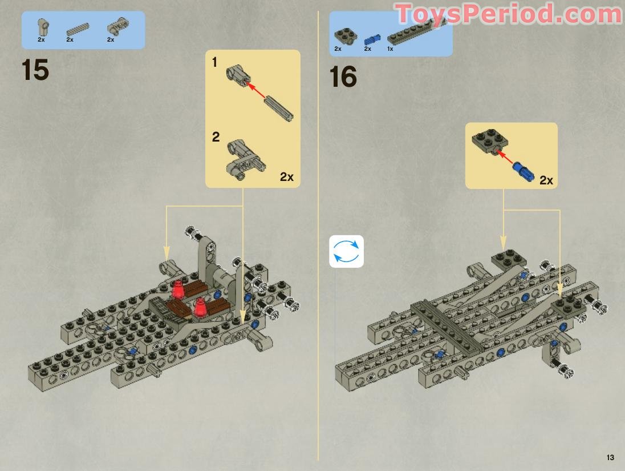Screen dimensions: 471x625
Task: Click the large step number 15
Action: pos(35,70)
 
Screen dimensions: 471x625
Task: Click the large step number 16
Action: pos(343,77)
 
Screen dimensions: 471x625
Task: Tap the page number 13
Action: pos(610,457)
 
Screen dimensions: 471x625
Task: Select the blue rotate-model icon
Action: pos(346,251)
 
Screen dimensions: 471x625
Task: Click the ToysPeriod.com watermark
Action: pos(508,14)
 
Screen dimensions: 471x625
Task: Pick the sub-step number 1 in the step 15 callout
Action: pos(215,62)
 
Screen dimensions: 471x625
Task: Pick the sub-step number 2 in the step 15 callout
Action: pos(216,137)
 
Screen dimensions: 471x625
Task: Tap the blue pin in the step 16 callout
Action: pos(522,170)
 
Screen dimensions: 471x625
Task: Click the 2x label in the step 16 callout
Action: pos(546,180)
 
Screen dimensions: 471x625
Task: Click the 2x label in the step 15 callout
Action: pos(286,177)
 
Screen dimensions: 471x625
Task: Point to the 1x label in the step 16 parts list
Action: pos(390,49)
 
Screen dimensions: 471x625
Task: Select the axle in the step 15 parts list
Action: pos(78,29)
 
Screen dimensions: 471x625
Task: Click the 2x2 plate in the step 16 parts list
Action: pos(344,35)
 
